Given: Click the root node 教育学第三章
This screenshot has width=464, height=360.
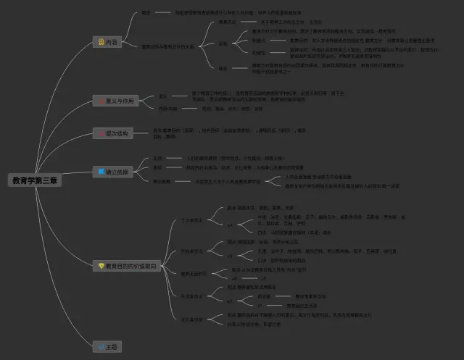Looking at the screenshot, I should (x=35, y=180).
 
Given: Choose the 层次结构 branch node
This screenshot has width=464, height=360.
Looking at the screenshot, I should (x=111, y=133).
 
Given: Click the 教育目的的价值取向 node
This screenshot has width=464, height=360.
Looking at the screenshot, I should (x=126, y=267).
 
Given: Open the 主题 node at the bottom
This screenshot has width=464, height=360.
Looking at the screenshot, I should (x=107, y=347).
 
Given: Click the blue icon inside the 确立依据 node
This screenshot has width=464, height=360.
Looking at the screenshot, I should (x=101, y=172).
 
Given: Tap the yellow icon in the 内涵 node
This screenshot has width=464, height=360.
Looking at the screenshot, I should (x=101, y=42).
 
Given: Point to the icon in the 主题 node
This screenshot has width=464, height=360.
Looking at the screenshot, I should (x=101, y=347).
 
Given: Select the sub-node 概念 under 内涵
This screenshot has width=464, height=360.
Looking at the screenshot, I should (x=146, y=13).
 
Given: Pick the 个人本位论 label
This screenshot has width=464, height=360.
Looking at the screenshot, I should (x=192, y=219).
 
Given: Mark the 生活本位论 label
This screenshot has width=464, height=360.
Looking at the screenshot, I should (x=192, y=296).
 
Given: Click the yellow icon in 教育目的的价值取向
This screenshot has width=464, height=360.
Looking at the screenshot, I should (x=101, y=267).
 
